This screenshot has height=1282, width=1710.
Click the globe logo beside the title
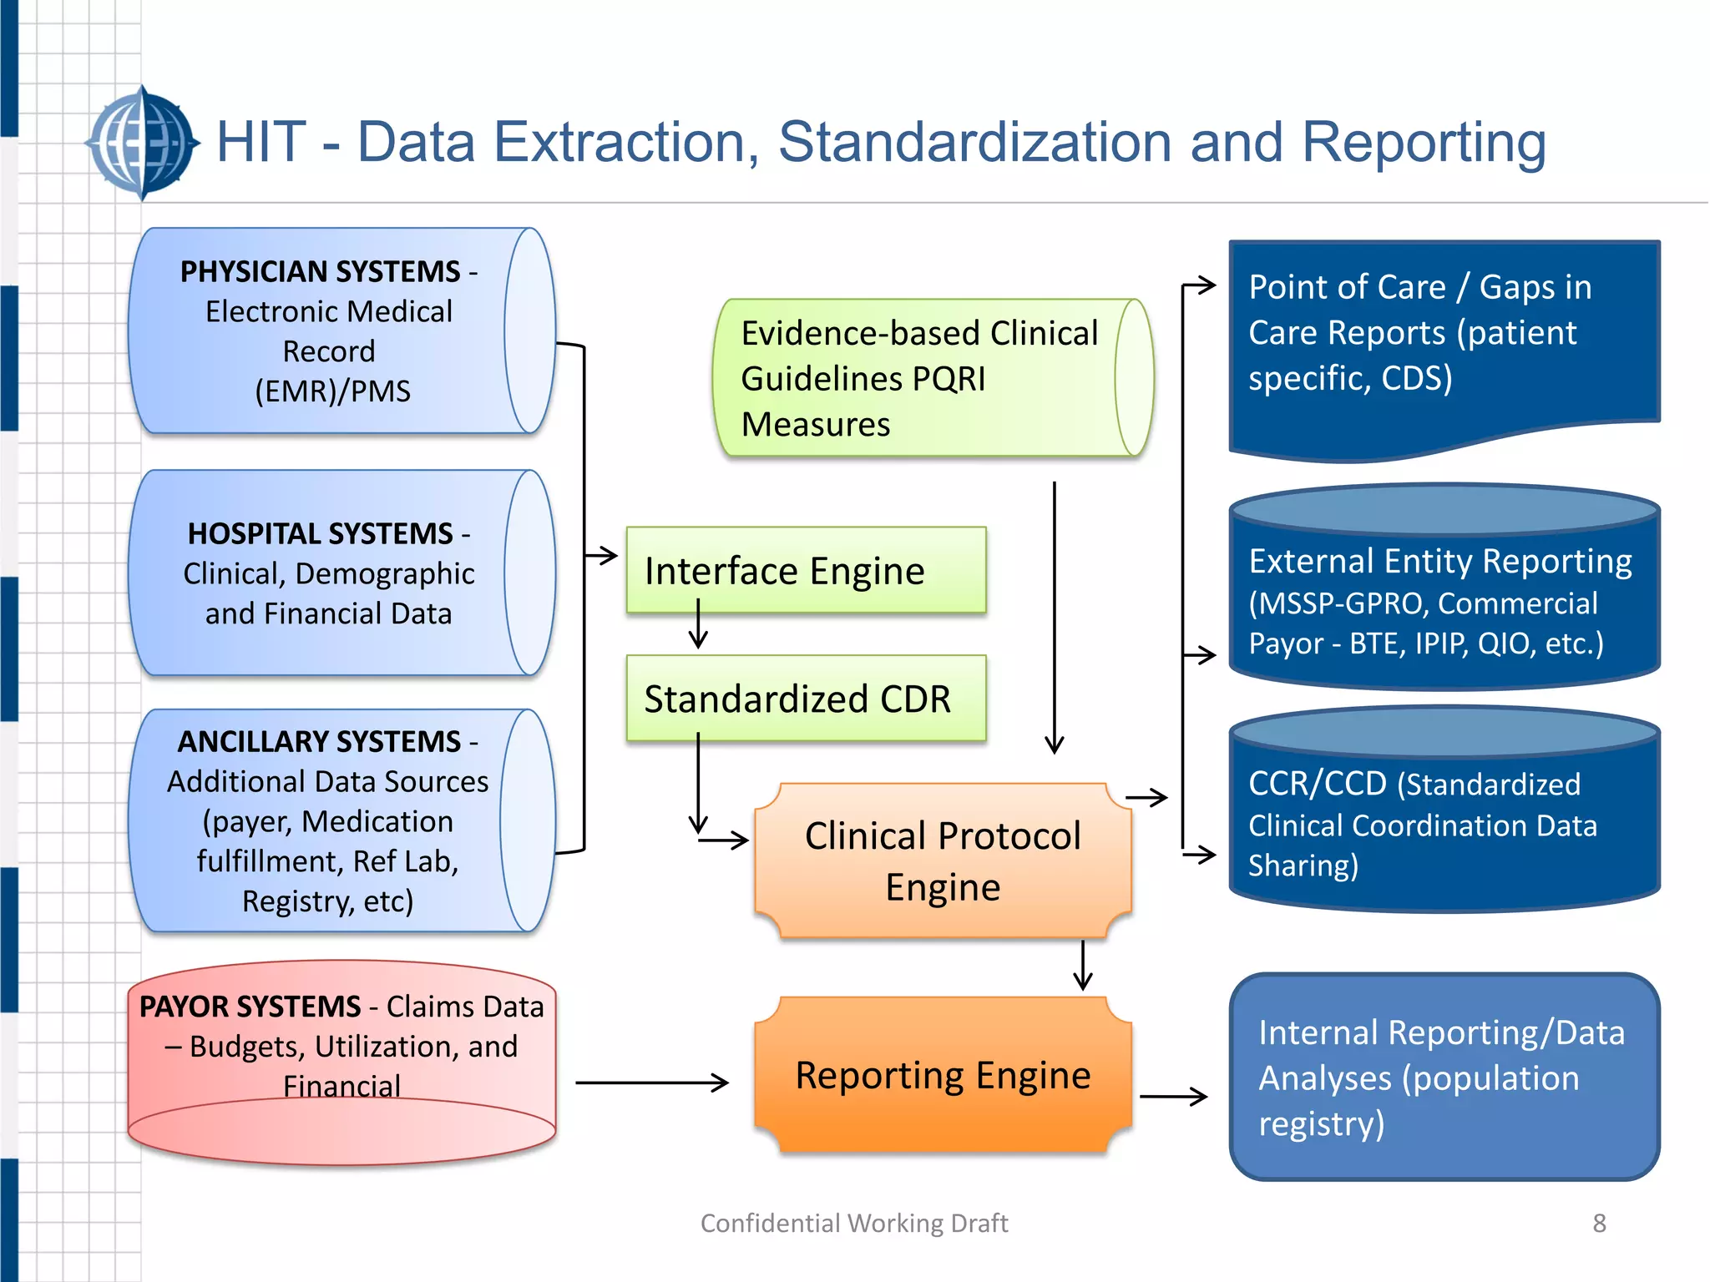[143, 144]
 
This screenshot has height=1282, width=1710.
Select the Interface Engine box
[806, 571]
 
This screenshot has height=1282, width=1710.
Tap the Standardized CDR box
[806, 699]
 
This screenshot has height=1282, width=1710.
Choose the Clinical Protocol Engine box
[943, 861]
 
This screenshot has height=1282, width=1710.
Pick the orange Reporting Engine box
[943, 1075]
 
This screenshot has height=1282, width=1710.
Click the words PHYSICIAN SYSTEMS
[320, 272]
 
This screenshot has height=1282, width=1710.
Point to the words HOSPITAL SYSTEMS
[320, 534]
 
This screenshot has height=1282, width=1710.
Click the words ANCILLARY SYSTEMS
[319, 742]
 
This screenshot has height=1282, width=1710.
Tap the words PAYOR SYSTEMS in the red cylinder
[250, 1007]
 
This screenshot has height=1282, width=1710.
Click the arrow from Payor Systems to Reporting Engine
[651, 1083]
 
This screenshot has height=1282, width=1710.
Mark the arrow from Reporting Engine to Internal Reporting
[1173, 1096]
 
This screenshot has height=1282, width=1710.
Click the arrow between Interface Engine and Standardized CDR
[698, 626]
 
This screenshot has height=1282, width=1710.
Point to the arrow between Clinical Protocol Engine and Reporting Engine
[1083, 966]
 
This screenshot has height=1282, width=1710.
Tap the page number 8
[1599, 1224]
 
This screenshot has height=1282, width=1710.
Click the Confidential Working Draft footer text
[853, 1224]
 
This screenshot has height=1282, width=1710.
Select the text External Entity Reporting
[1439, 562]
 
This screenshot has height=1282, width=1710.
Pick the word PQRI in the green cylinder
[948, 379]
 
